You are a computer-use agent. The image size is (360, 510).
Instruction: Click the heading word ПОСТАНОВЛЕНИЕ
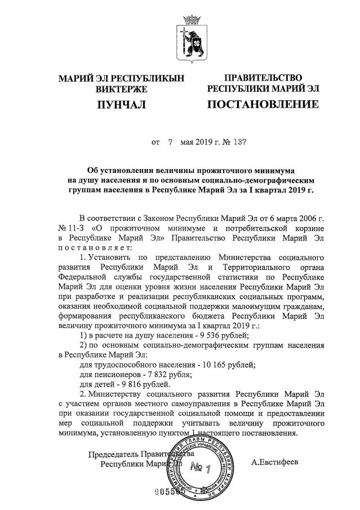tap(263, 105)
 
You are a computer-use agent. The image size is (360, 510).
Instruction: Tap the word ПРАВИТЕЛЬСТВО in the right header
tap(263, 78)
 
